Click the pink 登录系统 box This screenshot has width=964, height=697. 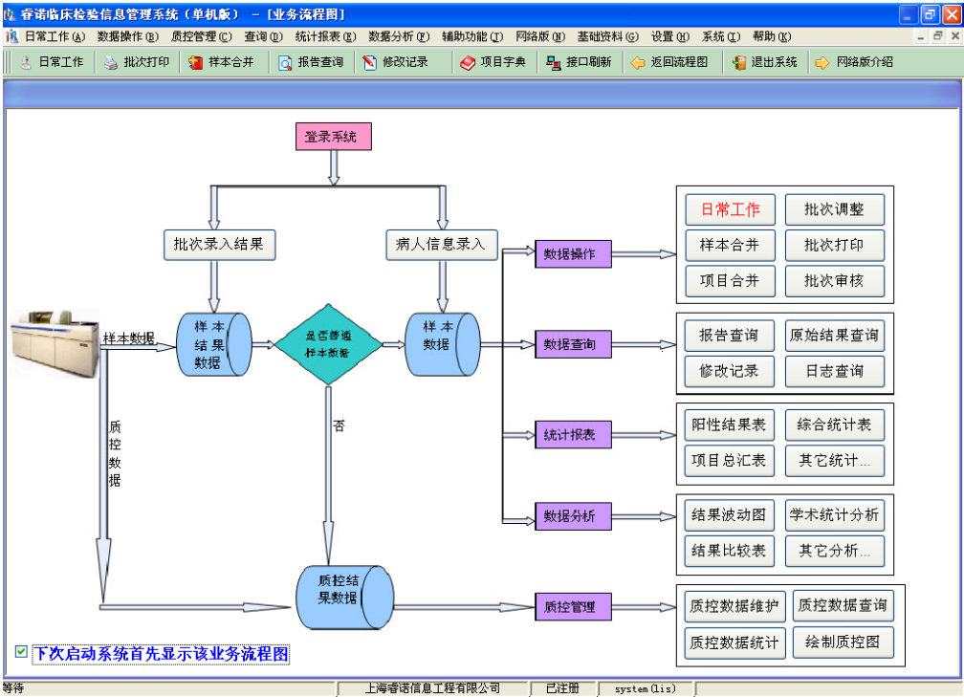332,137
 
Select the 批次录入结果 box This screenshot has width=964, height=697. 219,244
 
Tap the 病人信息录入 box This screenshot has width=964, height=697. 440,244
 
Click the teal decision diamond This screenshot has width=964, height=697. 328,344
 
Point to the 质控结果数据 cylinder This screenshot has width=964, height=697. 342,598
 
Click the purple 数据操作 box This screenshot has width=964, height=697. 572,254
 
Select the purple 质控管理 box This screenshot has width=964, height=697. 572,606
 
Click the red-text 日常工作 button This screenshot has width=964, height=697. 731,210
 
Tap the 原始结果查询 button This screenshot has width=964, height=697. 834,336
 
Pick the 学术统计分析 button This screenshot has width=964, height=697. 834,515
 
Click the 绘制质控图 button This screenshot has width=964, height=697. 843,642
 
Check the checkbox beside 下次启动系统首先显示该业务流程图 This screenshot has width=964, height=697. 21,652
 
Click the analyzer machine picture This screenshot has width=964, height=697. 55,344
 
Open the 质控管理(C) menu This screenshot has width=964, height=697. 201,36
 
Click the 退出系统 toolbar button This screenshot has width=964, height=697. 765,62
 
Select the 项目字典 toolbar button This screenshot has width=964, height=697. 493,62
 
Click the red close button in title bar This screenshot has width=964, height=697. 951,14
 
